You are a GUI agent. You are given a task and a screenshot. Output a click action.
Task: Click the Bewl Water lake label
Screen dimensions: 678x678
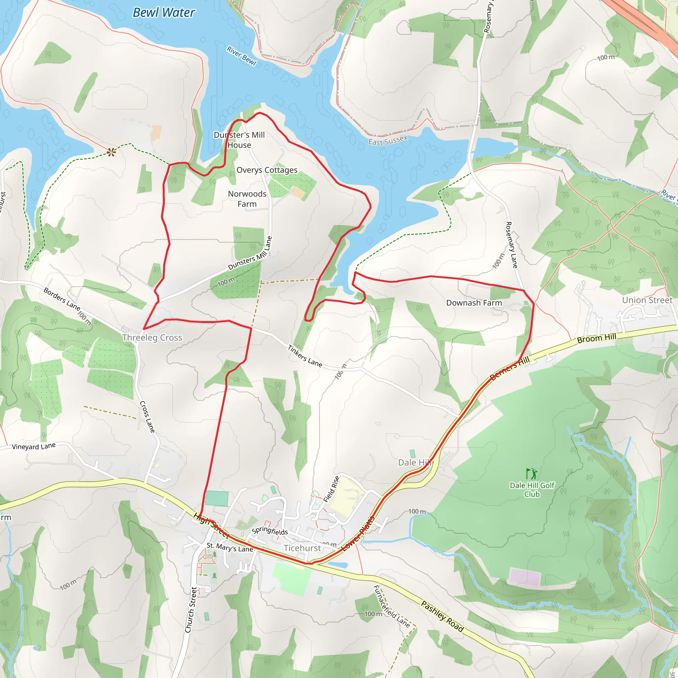[164, 13]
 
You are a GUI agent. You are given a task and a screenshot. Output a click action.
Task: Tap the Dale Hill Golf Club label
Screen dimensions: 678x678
[532, 490]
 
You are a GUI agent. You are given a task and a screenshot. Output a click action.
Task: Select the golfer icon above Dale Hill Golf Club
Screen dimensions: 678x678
[532, 473]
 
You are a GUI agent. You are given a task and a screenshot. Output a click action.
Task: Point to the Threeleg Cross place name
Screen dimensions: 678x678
[152, 338]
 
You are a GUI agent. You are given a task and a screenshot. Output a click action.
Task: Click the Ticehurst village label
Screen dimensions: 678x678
[302, 548]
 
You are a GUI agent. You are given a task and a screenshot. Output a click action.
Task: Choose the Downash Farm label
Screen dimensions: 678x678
[474, 303]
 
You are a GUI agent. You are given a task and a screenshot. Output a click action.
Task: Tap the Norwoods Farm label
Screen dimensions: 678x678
[247, 199]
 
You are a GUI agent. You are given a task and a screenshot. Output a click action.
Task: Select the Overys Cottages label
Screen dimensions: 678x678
[267, 170]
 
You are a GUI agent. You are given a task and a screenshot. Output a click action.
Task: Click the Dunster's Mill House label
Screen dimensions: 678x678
[239, 140]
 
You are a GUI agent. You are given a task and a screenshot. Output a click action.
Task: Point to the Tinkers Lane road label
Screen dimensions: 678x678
[305, 356]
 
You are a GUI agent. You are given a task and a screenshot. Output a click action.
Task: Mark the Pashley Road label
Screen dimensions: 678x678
[442, 616]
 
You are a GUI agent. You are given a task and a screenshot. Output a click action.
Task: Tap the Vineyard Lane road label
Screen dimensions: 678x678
[34, 446]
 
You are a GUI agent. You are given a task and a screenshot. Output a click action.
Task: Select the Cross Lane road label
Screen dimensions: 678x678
[147, 417]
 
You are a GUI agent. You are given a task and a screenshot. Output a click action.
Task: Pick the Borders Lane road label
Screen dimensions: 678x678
[62, 299]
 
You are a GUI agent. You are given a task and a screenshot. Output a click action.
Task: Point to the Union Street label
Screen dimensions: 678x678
[647, 300]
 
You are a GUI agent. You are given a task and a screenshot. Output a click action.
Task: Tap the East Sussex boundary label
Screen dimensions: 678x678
[388, 141]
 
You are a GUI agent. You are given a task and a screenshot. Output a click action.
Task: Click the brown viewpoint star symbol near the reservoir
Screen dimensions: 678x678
[111, 152]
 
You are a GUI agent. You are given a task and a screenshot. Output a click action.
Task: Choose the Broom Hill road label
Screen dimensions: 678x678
[597, 338]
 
